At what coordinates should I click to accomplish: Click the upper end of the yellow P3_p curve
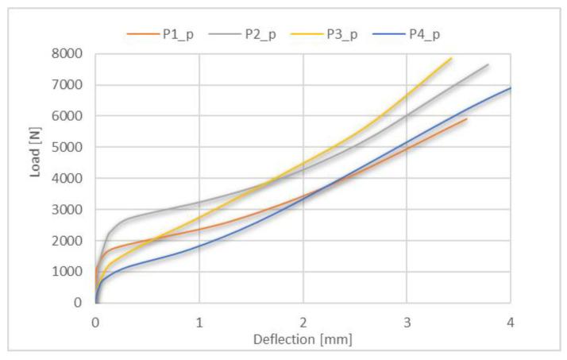pos(451,58)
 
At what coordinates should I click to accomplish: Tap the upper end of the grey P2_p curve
pos(488,64)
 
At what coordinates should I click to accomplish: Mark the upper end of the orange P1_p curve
pos(467,119)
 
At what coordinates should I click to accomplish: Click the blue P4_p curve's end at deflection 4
pos(510,88)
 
